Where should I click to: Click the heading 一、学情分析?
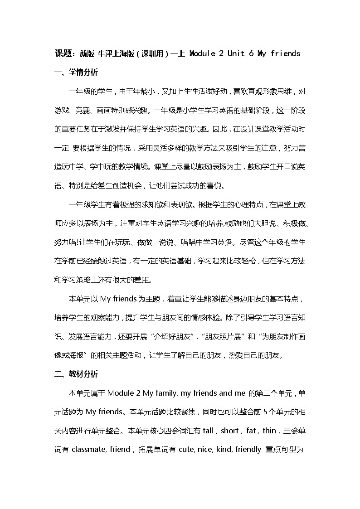click(x=76, y=73)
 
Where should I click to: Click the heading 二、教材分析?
click(x=76, y=374)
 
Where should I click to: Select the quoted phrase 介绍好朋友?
click(x=177, y=337)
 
